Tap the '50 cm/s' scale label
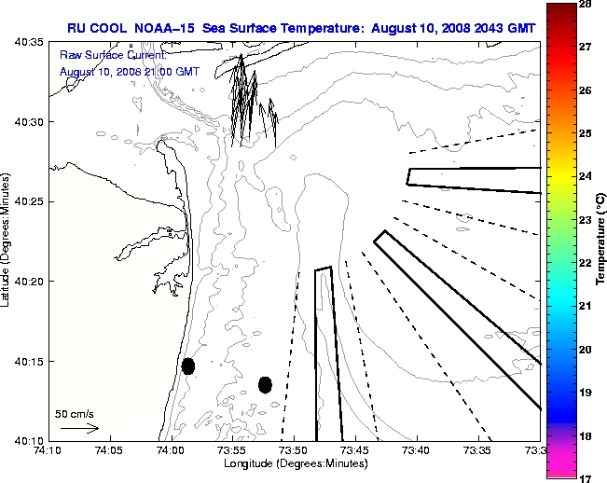coord(73,412)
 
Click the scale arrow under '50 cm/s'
coord(79,428)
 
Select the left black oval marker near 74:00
coord(188,366)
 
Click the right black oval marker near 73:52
coord(265,384)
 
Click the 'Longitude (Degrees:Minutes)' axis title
coord(293,463)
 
